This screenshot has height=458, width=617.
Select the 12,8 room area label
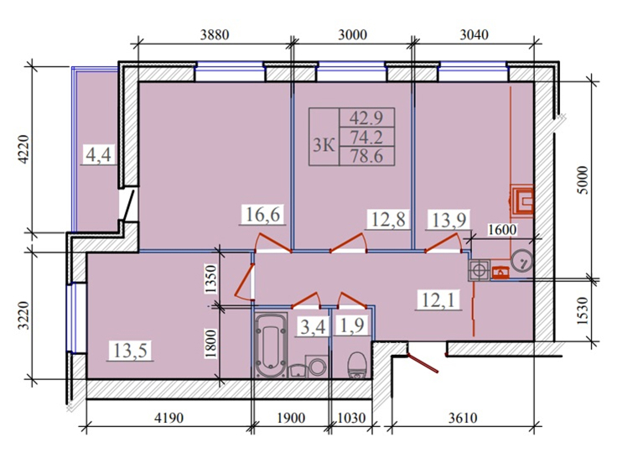click(388, 220)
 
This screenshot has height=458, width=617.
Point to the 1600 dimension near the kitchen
click(500, 228)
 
